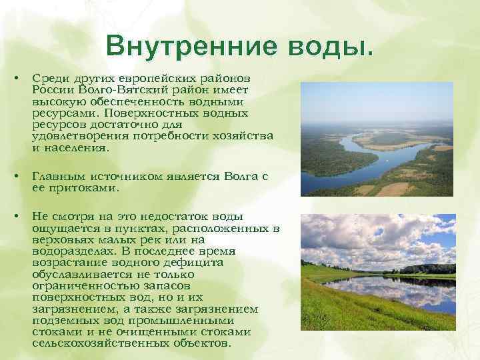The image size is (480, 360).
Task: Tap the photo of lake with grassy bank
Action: coord(377,273)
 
